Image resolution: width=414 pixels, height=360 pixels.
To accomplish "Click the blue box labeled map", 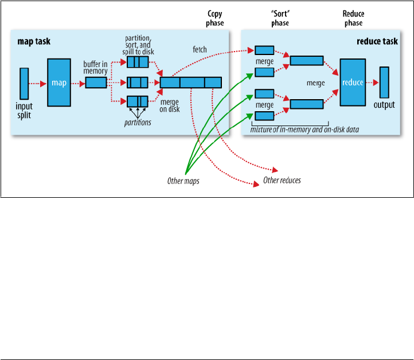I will (59, 83).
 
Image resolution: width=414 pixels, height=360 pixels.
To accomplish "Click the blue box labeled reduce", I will (353, 83).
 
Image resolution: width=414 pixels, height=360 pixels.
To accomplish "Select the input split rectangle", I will (24, 83).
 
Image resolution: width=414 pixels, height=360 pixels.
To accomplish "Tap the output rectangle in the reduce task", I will (384, 83).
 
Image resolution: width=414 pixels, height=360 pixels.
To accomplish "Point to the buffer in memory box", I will (96, 83).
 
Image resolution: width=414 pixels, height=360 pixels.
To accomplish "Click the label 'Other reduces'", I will (282, 180).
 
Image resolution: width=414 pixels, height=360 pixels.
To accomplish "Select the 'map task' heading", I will (34, 41).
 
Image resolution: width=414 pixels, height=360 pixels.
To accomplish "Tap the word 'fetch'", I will (200, 50).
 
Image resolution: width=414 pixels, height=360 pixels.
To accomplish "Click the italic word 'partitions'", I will (138, 122).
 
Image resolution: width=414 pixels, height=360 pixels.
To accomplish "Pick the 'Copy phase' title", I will (216, 18).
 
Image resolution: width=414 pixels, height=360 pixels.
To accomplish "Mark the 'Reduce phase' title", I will (353, 18).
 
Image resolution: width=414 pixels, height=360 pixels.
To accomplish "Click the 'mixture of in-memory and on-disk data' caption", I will (304, 130).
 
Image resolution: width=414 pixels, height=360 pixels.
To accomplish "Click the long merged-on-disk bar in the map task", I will (191, 83).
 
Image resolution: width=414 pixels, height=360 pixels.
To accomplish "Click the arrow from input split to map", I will (38, 83).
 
